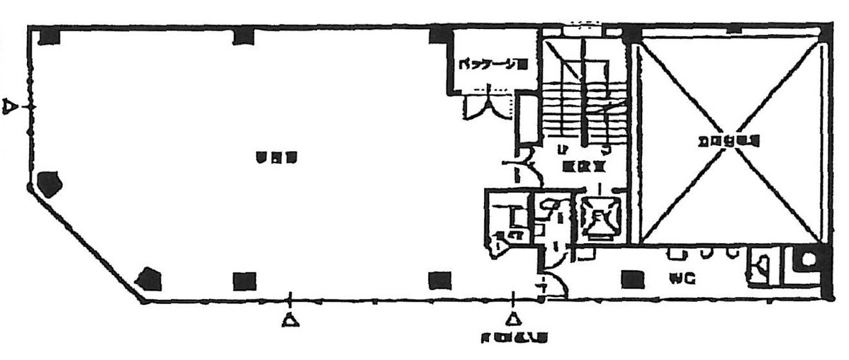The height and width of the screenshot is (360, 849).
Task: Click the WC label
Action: click(681, 279)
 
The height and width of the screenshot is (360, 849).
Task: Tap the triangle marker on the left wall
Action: click(9, 106)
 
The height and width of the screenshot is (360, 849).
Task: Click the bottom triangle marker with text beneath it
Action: click(510, 320)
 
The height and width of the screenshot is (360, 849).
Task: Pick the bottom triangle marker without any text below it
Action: click(289, 320)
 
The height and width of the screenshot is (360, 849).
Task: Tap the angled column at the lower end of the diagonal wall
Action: click(150, 279)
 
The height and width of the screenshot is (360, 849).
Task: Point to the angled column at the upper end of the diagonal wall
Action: click(50, 185)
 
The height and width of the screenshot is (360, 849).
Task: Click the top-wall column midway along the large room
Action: click(243, 35)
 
